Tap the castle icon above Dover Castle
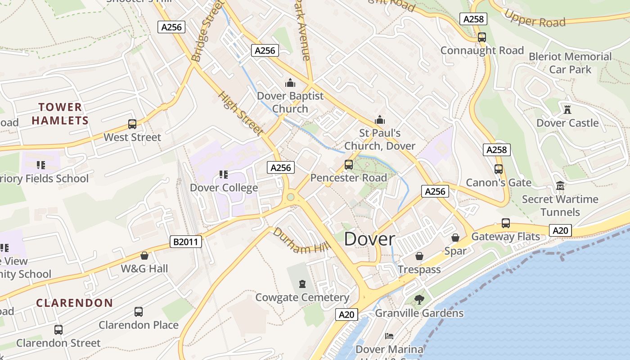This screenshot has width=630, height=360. [x=567, y=109]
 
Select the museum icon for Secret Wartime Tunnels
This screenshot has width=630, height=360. [x=560, y=185]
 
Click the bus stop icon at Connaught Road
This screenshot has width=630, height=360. [x=482, y=37]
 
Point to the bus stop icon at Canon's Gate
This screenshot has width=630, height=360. [x=499, y=169]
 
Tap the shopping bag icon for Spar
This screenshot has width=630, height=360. [x=455, y=237]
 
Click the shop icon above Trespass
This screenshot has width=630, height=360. [x=419, y=256]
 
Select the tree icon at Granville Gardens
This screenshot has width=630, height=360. [x=419, y=299]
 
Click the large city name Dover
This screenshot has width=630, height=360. [x=369, y=239]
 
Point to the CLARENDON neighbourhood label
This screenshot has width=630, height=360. [x=74, y=303]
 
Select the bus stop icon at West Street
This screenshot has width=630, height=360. [x=132, y=124]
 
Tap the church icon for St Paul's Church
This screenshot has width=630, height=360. [x=380, y=120]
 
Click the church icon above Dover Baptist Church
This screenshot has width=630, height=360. [x=290, y=83]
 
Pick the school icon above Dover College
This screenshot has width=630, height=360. [x=223, y=174]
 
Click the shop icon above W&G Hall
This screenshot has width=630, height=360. [x=144, y=256]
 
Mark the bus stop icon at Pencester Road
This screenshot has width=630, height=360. [x=349, y=164]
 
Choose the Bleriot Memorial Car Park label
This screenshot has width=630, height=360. [x=570, y=63]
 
